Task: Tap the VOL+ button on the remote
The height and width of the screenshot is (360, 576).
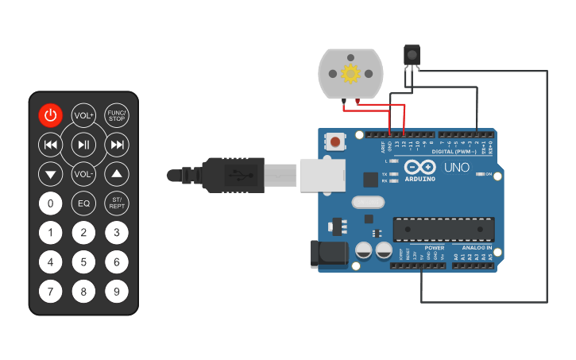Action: [83, 115]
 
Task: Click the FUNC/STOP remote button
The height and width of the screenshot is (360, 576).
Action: [117, 115]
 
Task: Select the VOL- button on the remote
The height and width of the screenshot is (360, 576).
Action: [83, 173]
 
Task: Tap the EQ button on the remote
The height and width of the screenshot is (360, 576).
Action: [83, 203]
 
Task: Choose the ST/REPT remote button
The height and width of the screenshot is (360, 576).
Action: [117, 203]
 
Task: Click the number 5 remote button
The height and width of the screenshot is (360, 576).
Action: [83, 261]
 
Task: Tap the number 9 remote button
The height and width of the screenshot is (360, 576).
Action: [117, 292]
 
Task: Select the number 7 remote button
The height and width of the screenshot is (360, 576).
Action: [50, 292]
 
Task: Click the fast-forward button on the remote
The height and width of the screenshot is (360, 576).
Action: [117, 145]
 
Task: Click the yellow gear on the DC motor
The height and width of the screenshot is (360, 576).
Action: [350, 74]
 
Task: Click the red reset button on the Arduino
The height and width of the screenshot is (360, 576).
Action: [336, 143]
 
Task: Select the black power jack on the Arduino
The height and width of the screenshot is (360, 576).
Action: [329, 254]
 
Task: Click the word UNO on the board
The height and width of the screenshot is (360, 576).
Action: [456, 168]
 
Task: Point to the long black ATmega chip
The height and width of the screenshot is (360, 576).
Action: [443, 229]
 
